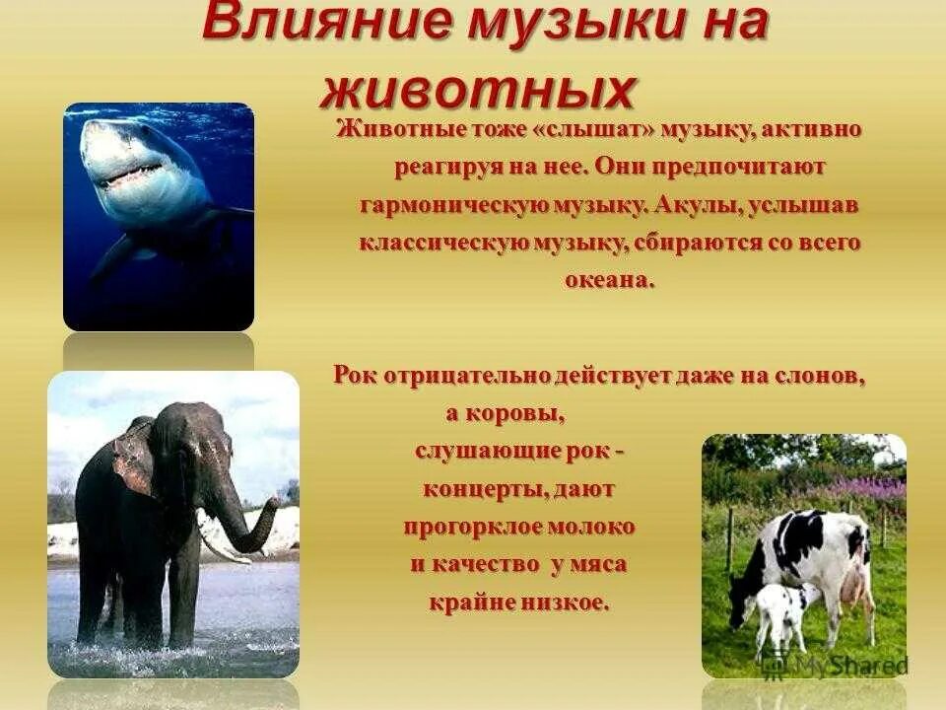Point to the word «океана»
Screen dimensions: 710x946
pyautogui.click(x=608, y=279)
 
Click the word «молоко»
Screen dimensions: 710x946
pyautogui.click(x=592, y=526)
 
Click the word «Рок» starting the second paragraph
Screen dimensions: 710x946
pyautogui.click(x=355, y=375)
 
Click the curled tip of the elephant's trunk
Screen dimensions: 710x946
pyautogui.click(x=270, y=509)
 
